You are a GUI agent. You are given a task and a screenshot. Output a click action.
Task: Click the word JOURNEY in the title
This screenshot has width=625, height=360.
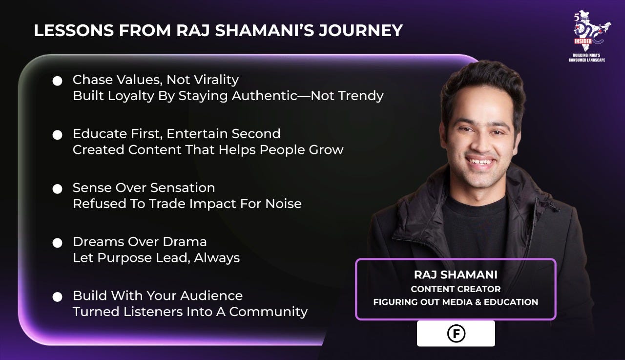[361, 30]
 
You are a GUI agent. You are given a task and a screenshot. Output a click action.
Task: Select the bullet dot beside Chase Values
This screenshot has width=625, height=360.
[58, 81]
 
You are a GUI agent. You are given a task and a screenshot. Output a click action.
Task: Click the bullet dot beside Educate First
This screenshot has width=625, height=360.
[58, 135]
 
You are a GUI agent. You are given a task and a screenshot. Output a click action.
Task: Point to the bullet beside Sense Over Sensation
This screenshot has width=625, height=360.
[58, 189]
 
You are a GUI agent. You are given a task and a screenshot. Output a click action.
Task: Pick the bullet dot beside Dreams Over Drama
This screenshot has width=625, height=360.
[58, 243]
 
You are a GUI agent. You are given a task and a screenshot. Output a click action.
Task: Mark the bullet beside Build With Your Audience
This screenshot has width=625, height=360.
[58, 297]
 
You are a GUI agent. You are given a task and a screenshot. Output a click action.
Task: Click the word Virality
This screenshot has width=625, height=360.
[216, 80]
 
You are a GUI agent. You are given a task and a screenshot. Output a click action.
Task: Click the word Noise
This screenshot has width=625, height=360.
[283, 204]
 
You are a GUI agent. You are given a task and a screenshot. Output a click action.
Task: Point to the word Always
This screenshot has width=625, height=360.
[217, 258]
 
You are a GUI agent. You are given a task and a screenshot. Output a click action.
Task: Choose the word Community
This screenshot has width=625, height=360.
[268, 312]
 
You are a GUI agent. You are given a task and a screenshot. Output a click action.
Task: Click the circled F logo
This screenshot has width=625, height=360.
[456, 334]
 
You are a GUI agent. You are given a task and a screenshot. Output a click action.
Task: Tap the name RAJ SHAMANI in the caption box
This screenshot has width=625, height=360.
[456, 275]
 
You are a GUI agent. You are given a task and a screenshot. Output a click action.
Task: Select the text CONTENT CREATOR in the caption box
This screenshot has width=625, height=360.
[456, 289]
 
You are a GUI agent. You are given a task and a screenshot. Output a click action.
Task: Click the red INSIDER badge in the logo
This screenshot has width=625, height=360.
[583, 42]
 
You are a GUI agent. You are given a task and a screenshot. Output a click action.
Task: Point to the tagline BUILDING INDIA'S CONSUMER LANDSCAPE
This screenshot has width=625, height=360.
[587, 58]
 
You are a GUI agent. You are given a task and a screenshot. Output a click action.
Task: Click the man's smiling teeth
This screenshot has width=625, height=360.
[480, 162]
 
